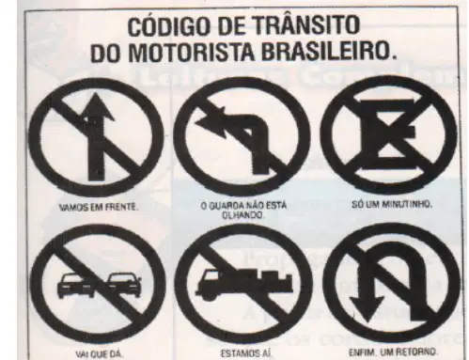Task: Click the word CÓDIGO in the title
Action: pos(167,26)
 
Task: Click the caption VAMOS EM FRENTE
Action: pos(99,207)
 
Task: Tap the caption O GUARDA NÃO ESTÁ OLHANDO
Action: pos(243,211)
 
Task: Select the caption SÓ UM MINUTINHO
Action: pos(392,205)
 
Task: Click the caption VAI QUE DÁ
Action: pos(100,354)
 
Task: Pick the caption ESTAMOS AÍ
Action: pos(246,353)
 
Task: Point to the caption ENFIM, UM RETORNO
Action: pos(393,352)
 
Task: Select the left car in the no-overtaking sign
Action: pos(75,286)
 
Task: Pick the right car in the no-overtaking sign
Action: pos(123,286)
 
